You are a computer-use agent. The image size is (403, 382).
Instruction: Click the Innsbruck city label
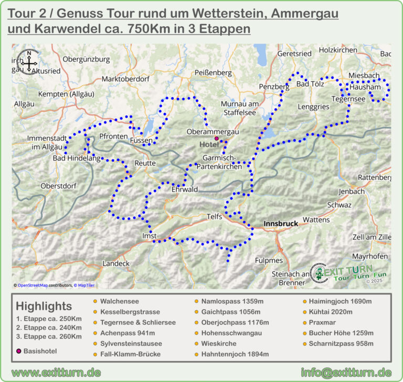[280, 224]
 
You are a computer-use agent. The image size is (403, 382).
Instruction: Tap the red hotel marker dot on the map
[216, 138]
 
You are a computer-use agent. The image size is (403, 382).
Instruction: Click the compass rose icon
[28, 60]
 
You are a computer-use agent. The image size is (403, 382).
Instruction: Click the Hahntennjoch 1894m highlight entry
[235, 354]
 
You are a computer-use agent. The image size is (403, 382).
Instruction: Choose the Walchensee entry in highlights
[119, 301]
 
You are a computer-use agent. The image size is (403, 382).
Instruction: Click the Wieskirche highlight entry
[219, 344]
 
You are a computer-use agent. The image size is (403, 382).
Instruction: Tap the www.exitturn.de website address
[56, 372]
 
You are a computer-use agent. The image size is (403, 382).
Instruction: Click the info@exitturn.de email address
[346, 372]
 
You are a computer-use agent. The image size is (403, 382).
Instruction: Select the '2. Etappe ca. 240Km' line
[49, 328]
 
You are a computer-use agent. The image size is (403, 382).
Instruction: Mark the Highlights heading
[44, 306]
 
